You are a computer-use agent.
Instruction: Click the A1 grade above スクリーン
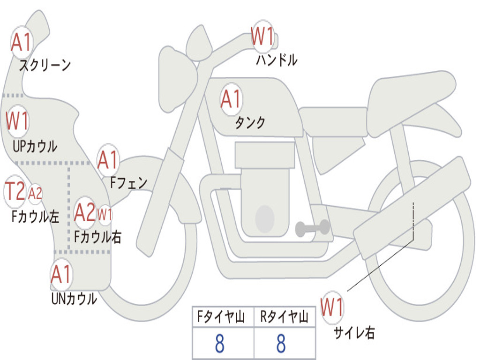pos(22,43)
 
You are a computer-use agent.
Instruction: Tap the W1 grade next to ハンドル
pos(262,37)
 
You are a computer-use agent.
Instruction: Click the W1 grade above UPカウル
pos(17,121)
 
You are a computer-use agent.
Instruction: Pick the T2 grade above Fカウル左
pos(15,191)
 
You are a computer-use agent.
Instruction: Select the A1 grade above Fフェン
pos(108,160)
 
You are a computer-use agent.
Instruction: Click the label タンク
pos(250,123)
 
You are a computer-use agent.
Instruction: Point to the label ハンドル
pos(277,60)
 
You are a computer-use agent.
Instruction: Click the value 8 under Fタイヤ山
pos(219,344)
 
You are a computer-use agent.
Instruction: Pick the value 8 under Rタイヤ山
pos(281,344)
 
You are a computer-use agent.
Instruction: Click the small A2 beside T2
pos(35,193)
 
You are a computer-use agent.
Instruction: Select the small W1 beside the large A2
pos(105,215)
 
